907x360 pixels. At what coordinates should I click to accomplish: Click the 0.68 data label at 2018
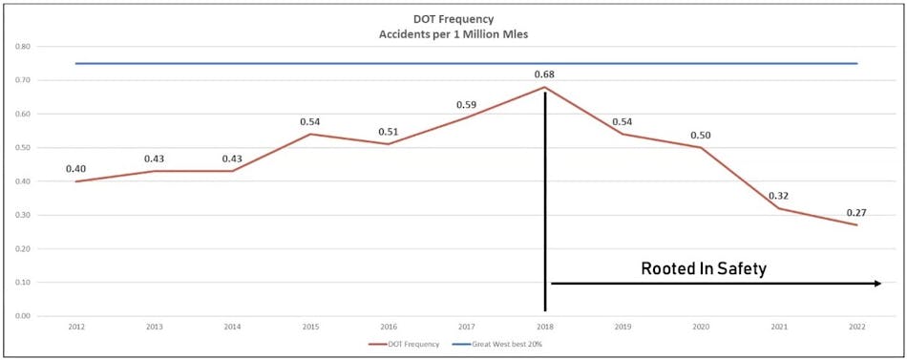(x=544, y=74)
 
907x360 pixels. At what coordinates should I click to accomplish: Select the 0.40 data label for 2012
(x=75, y=169)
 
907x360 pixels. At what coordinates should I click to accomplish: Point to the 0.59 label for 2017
(x=466, y=104)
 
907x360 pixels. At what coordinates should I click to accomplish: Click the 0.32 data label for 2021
(x=778, y=195)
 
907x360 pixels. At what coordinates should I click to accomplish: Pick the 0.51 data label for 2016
(x=388, y=131)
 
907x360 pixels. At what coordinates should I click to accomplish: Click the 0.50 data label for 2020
(x=701, y=135)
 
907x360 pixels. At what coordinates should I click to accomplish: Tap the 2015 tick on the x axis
(x=310, y=327)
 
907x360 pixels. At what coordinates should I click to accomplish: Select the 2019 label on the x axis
(x=622, y=327)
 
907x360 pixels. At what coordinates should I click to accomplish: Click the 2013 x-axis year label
(x=154, y=327)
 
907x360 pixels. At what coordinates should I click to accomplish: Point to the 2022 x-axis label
(x=856, y=327)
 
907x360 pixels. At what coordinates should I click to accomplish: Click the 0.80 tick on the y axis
(x=21, y=46)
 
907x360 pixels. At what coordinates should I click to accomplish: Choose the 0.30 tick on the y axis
(x=21, y=215)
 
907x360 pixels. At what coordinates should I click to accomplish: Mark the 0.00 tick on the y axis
(x=21, y=316)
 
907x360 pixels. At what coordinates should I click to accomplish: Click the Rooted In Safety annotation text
(x=703, y=269)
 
